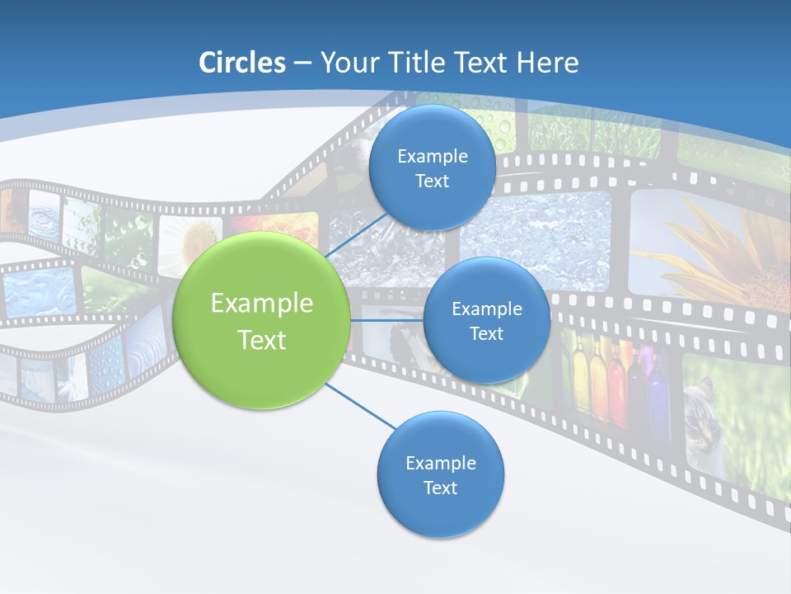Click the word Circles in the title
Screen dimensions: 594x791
(x=241, y=63)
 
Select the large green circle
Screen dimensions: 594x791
(x=262, y=321)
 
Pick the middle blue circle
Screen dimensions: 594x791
(x=486, y=320)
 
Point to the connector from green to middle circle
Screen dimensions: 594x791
(x=386, y=320)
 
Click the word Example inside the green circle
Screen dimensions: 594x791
(x=262, y=304)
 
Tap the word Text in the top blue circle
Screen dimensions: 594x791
(x=432, y=181)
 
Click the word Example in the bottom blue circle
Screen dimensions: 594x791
(x=440, y=464)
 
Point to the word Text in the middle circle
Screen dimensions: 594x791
(x=486, y=334)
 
